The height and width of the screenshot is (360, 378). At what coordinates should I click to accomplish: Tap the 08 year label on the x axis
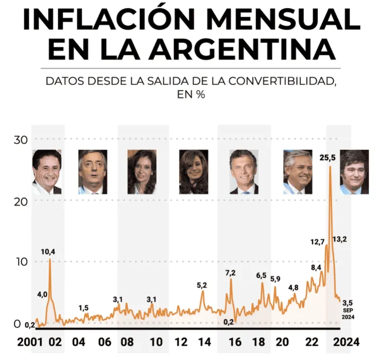pyautogui.click(x=128, y=342)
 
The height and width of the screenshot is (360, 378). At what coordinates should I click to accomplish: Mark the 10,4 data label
pyautogui.click(x=48, y=252)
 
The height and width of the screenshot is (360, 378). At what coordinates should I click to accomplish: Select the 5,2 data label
pyautogui.click(x=202, y=285)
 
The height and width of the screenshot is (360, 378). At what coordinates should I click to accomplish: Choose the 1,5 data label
pyautogui.click(x=84, y=308)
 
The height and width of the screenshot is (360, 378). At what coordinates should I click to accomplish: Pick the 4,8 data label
pyautogui.click(x=293, y=287)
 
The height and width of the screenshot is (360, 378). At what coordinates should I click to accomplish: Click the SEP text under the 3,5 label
pyautogui.click(x=348, y=310)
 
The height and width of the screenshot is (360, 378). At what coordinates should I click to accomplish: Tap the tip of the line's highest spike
pyautogui.click(x=330, y=167)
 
